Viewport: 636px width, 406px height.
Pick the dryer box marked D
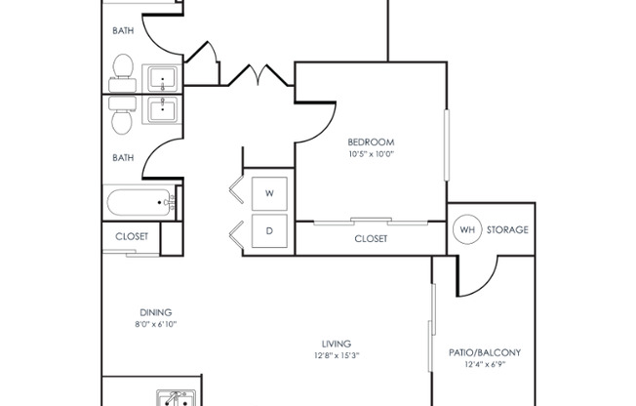[270, 232]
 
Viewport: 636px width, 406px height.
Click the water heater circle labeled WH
[467, 230]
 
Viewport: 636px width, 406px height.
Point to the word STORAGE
[507, 230]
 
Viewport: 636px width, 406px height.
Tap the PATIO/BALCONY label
[483, 352]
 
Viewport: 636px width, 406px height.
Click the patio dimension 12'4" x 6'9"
[483, 365]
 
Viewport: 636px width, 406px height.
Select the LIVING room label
[337, 344]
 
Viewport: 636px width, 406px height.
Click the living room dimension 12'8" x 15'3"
[337, 356]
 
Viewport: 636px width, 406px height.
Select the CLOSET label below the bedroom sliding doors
[371, 238]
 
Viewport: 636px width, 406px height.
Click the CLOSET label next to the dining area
[132, 236]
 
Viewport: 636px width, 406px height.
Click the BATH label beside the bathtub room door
[123, 156]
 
